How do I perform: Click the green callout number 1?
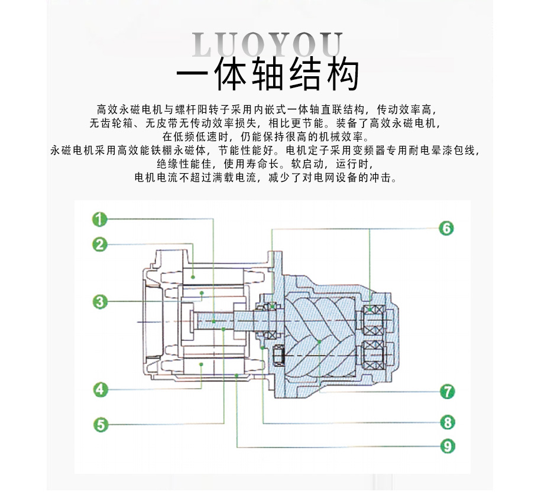(x=100, y=219)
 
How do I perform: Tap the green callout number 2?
(x=100, y=243)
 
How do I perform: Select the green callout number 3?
(x=100, y=302)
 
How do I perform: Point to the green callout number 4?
(x=100, y=389)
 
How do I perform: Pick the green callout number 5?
(x=100, y=424)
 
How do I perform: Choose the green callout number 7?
(x=447, y=391)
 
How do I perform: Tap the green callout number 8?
(x=447, y=422)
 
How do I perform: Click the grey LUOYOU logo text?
(x=268, y=44)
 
